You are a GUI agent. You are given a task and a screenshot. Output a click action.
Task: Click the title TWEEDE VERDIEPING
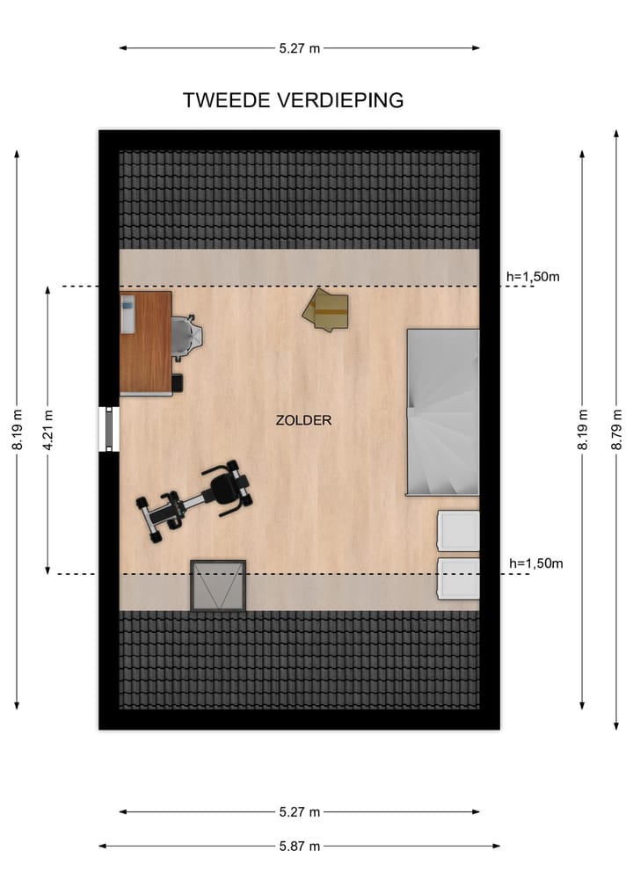[x=293, y=100]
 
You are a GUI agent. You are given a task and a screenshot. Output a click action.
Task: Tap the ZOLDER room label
[x=303, y=420]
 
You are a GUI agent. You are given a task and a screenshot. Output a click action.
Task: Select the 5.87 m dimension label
[x=300, y=846]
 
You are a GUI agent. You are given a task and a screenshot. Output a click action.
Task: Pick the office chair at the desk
[x=188, y=337]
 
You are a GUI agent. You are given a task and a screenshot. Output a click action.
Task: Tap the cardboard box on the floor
[x=326, y=310]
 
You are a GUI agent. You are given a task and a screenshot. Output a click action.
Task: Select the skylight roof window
[x=218, y=585]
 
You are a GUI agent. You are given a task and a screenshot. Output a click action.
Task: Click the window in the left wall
[x=109, y=429]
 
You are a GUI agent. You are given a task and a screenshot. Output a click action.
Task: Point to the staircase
[x=443, y=412]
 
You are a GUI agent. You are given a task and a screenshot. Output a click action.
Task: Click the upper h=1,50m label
[x=534, y=277]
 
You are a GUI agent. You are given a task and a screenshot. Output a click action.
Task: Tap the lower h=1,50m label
[x=535, y=563]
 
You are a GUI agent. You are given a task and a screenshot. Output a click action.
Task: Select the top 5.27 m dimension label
[x=300, y=48]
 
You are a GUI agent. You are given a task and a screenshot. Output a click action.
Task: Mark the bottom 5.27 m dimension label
[x=300, y=811]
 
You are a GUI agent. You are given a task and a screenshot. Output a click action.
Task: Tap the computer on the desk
[x=128, y=315]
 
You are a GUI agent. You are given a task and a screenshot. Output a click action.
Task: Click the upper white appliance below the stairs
[x=458, y=531]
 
